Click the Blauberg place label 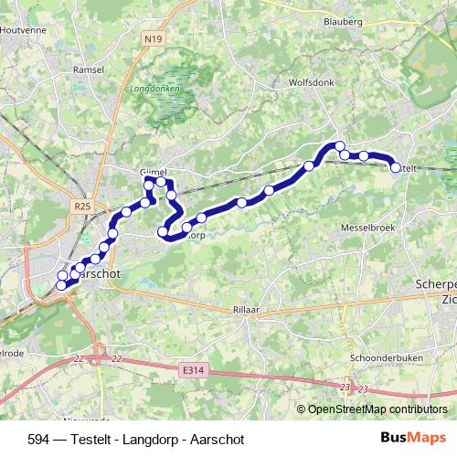pos(344,20)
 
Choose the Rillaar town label pos(247,310)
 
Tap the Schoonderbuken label pos(386,357)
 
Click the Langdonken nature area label pos(154,90)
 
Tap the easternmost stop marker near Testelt pos(396,167)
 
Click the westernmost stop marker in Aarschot pos(61,286)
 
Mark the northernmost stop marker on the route pos(339,146)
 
